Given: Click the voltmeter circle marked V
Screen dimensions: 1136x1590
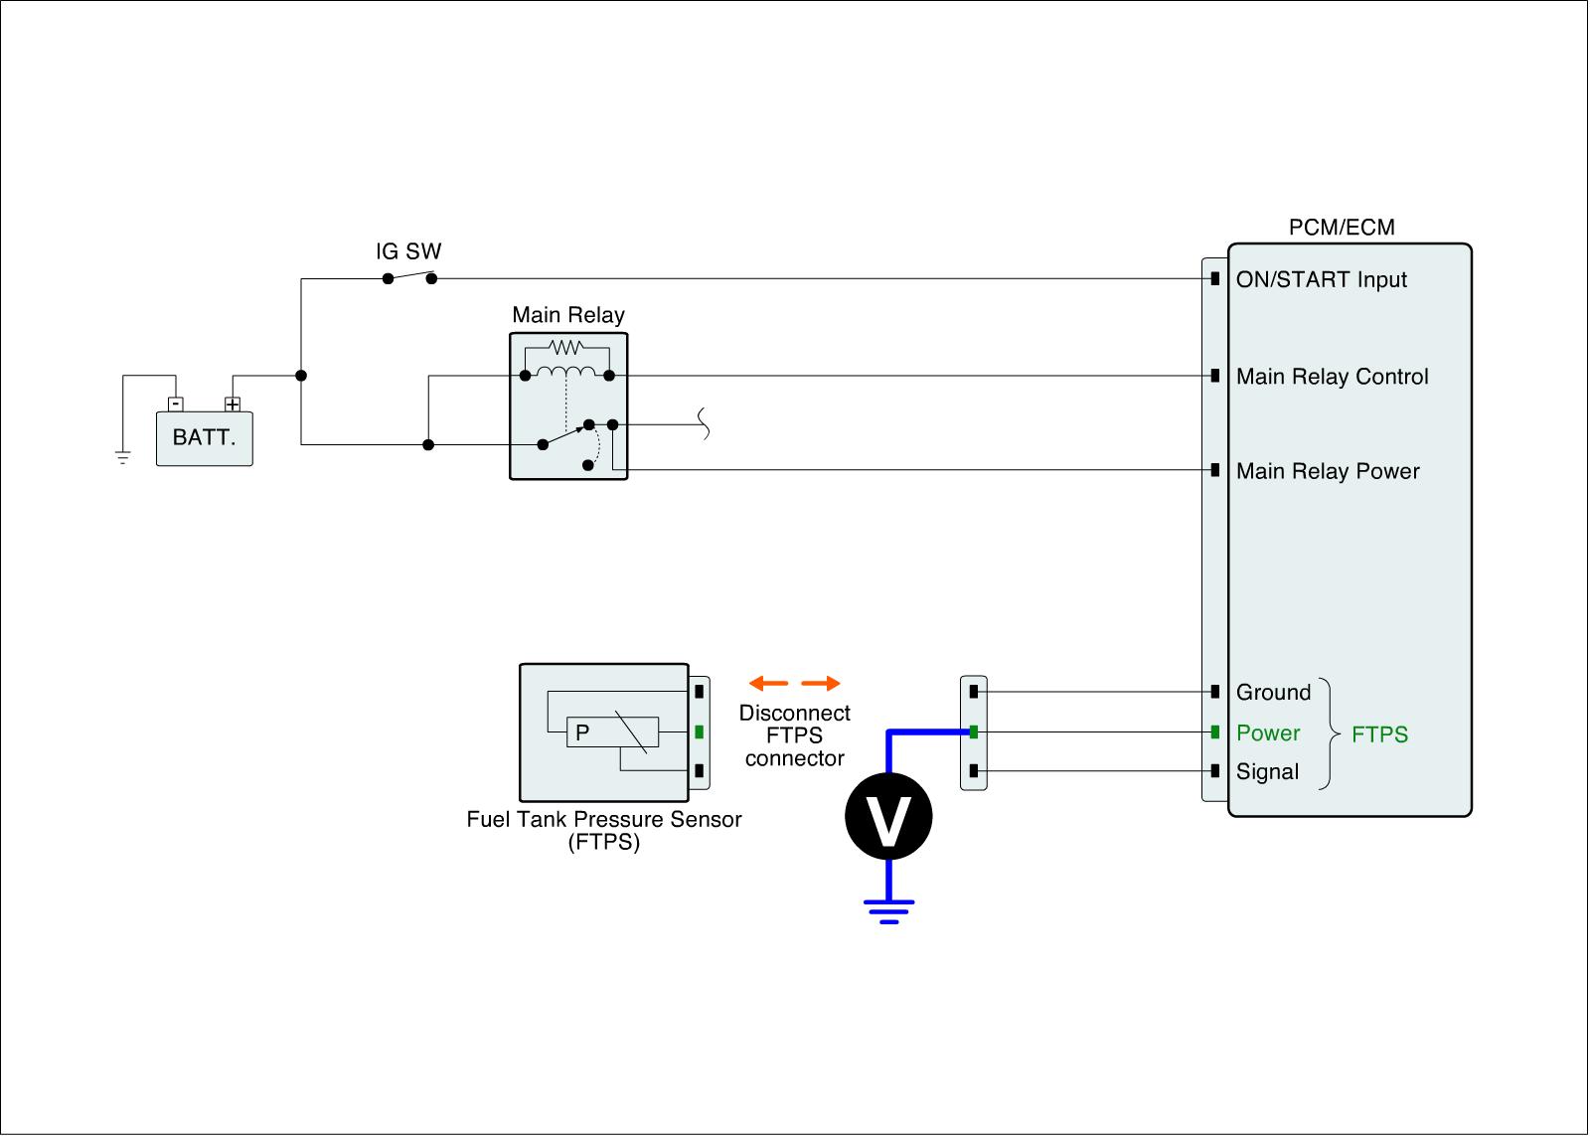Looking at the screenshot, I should point(888,816).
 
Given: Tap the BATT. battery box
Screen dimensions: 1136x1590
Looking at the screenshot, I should point(205,438).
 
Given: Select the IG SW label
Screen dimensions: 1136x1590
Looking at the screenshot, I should point(407,250).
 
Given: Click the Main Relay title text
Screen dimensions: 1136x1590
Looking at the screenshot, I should point(568,315).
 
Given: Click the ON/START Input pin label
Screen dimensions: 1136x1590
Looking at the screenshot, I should point(1321,280).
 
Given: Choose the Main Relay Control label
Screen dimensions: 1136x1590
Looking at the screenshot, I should point(1332,377).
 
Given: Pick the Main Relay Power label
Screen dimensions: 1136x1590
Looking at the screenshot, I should point(1328,471).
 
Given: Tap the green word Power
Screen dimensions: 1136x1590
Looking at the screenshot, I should point(1268,733).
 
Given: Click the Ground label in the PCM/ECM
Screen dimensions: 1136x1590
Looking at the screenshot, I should point(1273,692).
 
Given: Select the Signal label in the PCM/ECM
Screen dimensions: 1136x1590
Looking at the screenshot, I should point(1267,772).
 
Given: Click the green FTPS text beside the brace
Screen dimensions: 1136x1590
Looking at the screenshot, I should point(1379,734).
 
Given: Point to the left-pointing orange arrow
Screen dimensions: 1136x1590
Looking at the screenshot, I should point(768,684).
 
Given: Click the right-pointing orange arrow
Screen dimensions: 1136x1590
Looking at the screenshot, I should point(821,684).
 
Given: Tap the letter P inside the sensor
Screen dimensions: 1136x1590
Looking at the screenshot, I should point(582,732).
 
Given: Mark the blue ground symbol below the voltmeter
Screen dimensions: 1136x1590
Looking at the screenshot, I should point(888,908).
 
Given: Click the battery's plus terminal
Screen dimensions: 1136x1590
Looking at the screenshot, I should point(233,405).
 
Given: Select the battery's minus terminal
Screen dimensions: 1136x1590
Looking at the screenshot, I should point(175,405).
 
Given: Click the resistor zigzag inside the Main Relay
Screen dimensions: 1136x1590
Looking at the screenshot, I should point(566,347).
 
